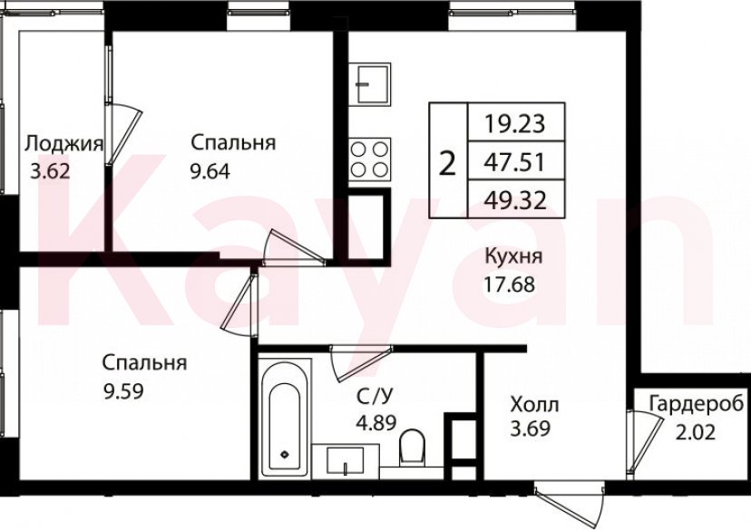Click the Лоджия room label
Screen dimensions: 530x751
coord(63,143)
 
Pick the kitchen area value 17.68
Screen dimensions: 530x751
coord(510,283)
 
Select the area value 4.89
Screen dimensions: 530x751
coord(376,422)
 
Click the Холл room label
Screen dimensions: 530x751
coord(534,404)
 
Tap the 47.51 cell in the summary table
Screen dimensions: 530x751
coord(514,162)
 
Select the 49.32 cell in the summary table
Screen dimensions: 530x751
coord(514,201)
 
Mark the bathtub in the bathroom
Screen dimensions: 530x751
coord(286,419)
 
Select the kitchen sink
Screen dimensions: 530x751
coord(371,84)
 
